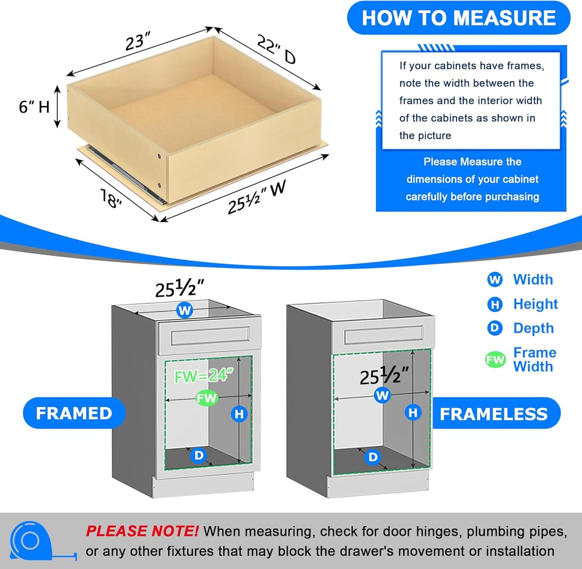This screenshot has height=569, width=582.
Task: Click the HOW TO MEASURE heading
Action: [x=458, y=18]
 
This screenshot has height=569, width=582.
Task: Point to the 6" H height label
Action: [x=34, y=107]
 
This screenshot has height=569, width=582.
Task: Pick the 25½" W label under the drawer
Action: [x=256, y=197]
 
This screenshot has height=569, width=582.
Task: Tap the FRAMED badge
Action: [x=74, y=413]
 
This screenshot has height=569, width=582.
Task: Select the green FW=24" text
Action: [x=203, y=376]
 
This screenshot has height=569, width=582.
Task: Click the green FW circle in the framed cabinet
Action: [x=206, y=398]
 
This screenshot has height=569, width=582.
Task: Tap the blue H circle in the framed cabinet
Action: [x=239, y=414]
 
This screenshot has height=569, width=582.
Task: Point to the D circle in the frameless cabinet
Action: [x=373, y=457]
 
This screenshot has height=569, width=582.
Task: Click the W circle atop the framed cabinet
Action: [x=184, y=310]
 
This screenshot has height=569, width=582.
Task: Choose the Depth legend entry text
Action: [x=533, y=328]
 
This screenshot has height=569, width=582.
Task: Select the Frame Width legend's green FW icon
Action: [x=495, y=359]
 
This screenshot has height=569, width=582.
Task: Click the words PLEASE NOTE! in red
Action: [x=142, y=531]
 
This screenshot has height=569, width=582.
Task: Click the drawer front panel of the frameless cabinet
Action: [x=383, y=335]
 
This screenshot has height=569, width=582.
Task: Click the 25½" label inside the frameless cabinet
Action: [x=384, y=376]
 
